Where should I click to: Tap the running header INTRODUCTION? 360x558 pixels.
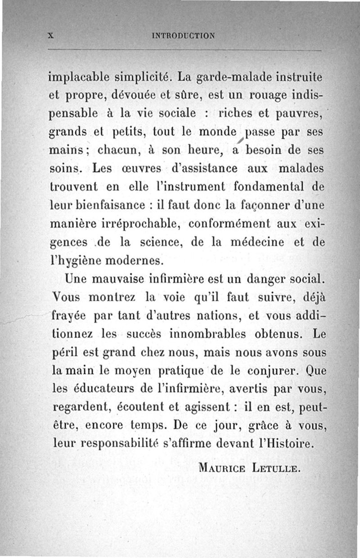coord(184,35)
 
